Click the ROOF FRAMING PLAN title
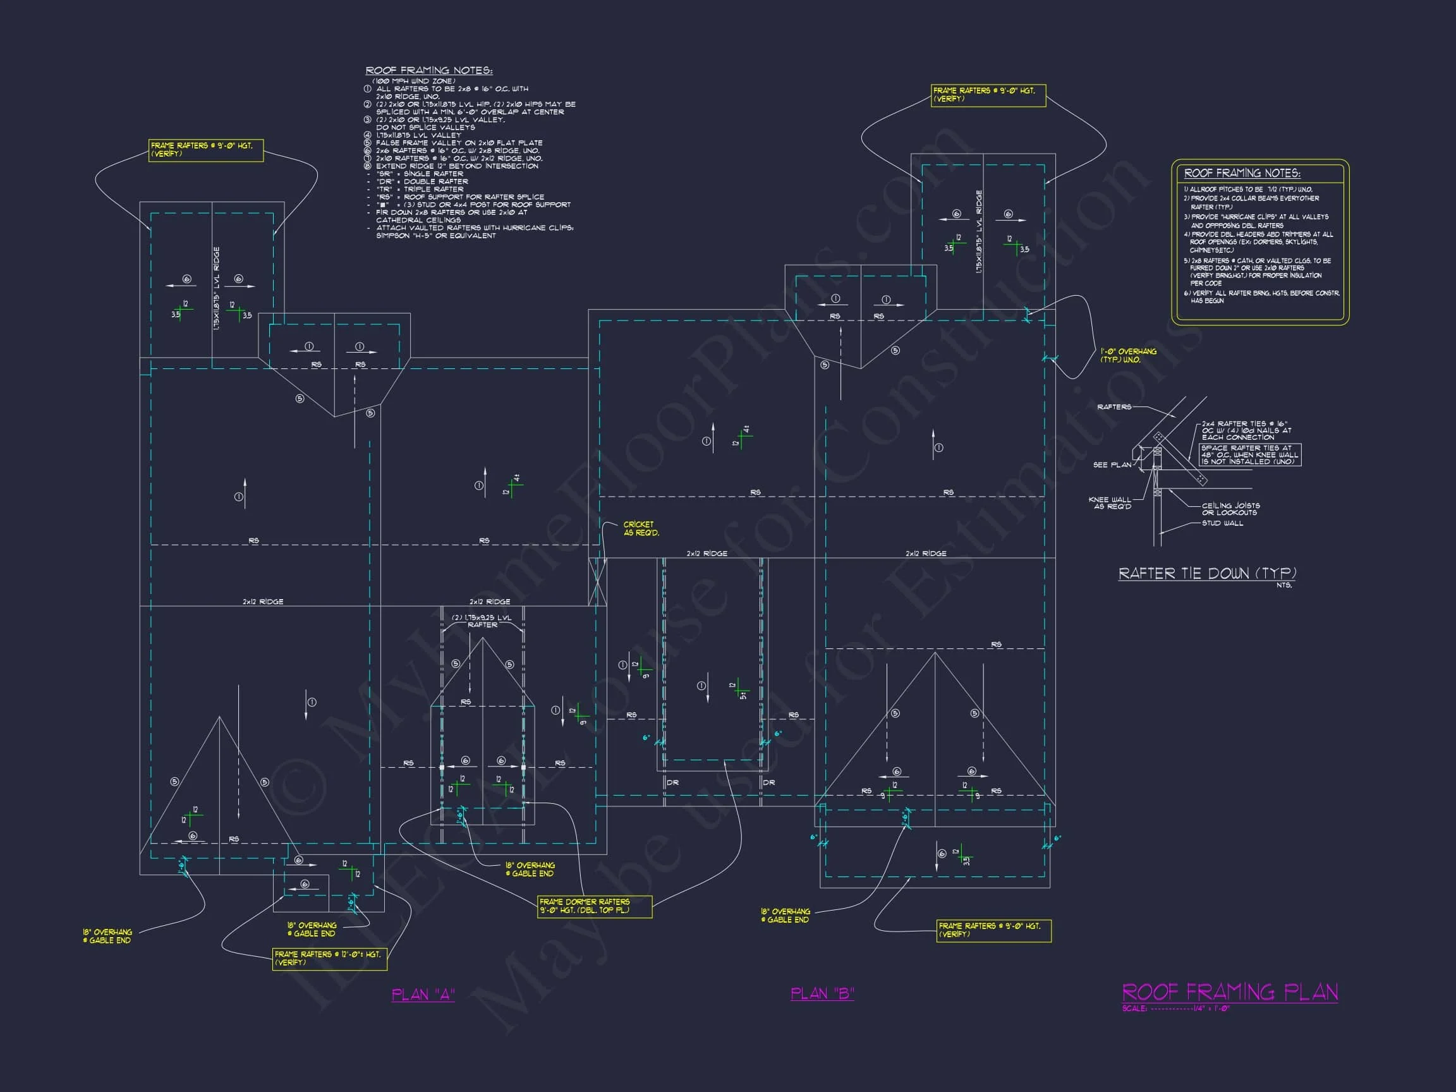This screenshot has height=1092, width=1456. click(x=1229, y=992)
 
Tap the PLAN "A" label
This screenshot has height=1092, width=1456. click(x=423, y=994)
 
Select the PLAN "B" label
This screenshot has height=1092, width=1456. click(x=822, y=993)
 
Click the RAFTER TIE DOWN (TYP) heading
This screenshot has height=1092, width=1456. click(x=1206, y=573)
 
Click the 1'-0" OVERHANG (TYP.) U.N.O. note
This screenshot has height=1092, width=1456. click(x=1128, y=355)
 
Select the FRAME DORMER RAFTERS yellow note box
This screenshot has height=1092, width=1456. click(x=595, y=906)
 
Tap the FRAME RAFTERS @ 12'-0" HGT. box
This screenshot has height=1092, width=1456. click(x=329, y=958)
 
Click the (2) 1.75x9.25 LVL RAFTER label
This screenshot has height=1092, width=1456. click(x=482, y=621)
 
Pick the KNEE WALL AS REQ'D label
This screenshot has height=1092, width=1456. click(x=1111, y=503)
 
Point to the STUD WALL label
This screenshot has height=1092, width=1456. click(x=1222, y=523)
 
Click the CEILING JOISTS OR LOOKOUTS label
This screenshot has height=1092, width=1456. click(x=1230, y=509)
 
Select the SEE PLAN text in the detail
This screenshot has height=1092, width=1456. click(x=1112, y=464)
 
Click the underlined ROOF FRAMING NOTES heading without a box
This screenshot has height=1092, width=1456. click(x=428, y=70)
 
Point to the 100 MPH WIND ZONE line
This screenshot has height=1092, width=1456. click(x=413, y=81)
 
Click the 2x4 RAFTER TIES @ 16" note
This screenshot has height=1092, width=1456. click(x=1246, y=430)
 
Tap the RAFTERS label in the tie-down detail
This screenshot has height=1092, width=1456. click(x=1113, y=407)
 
